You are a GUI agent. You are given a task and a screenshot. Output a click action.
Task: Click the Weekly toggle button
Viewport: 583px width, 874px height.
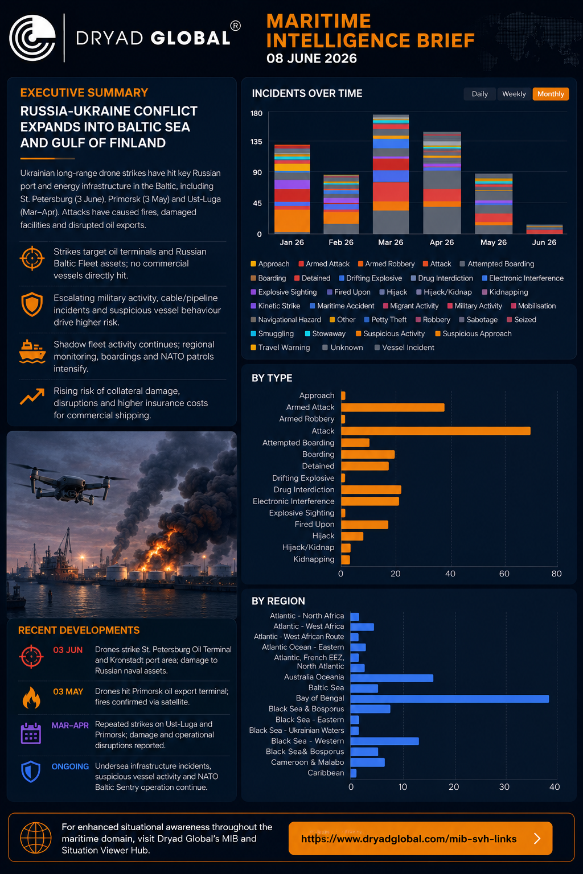(514, 94)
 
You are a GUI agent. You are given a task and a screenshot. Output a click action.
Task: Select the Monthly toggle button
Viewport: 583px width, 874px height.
(551, 94)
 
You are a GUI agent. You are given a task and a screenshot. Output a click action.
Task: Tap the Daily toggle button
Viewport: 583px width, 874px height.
(479, 94)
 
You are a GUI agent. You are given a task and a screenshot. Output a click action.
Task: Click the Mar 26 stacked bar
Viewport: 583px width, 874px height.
(391, 174)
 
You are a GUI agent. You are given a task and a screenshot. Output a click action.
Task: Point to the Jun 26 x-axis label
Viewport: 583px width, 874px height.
(544, 242)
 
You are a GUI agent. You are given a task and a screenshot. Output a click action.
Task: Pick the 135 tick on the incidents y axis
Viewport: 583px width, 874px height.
(256, 142)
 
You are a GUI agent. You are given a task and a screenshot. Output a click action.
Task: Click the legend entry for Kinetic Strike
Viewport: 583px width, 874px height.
(276, 306)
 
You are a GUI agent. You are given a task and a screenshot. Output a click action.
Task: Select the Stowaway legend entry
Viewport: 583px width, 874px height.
(325, 333)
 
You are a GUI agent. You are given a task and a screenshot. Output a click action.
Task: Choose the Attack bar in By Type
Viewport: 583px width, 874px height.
(436, 431)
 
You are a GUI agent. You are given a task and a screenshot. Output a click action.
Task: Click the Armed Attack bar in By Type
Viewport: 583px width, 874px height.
(393, 407)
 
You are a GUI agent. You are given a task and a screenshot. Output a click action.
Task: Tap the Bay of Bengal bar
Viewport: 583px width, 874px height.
(449, 698)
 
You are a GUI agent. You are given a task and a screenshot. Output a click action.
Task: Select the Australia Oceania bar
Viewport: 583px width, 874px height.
(392, 678)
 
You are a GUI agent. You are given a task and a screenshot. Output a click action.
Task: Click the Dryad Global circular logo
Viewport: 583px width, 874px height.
(32, 38)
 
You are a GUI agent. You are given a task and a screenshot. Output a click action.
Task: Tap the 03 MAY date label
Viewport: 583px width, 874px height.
(68, 692)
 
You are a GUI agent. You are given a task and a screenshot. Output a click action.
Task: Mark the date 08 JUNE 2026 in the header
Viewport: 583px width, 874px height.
(311, 59)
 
